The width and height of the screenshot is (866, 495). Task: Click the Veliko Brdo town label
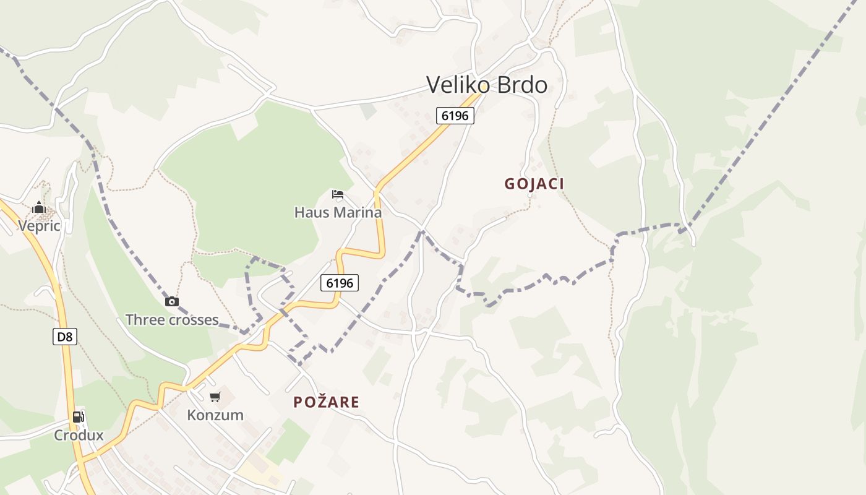[487, 85]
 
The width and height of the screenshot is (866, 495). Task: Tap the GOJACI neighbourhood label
[534, 184]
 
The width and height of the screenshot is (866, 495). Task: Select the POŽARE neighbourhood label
[326, 402]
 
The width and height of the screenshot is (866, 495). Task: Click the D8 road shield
[64, 337]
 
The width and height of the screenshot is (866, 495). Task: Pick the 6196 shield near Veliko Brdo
[455, 116]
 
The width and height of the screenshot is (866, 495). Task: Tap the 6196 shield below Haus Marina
[340, 283]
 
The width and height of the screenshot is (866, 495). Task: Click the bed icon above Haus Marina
[338, 194]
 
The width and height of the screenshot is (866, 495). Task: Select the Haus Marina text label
[338, 212]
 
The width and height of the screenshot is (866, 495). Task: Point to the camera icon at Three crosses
[172, 302]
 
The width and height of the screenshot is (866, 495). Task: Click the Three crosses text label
[172, 320]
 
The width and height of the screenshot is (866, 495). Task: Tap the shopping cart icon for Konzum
[215, 397]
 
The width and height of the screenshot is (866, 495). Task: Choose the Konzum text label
[215, 415]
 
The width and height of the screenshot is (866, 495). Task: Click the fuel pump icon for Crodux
[78, 417]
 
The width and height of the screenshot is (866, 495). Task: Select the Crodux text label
[79, 435]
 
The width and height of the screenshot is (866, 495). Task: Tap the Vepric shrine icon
[39, 207]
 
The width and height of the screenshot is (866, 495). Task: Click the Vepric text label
[39, 226]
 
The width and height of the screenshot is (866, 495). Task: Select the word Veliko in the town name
[457, 85]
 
